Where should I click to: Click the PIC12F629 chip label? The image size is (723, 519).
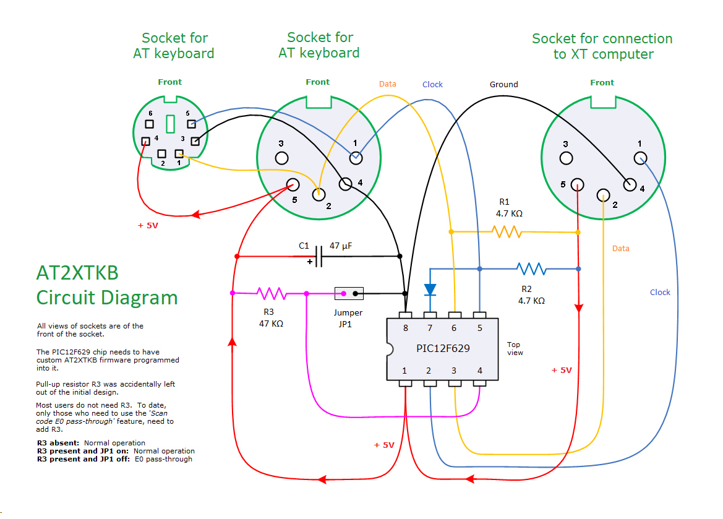point(443,348)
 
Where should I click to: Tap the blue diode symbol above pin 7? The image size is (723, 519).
point(430,289)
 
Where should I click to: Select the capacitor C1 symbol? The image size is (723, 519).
point(319,256)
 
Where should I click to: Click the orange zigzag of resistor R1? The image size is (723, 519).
point(506,232)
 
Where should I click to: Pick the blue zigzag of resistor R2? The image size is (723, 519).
point(531,268)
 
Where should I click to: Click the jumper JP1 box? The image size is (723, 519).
point(349,293)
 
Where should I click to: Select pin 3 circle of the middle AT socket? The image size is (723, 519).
point(281,158)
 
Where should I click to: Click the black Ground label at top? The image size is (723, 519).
point(503,84)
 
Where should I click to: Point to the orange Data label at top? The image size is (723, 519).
point(388,84)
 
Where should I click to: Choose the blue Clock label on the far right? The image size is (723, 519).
point(660,292)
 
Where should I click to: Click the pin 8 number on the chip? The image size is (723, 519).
point(405,328)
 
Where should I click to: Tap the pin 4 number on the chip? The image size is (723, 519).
point(479,371)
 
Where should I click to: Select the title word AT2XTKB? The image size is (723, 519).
point(77,273)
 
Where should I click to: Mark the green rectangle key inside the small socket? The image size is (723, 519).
point(170,122)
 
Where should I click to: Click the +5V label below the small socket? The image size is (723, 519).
point(148,226)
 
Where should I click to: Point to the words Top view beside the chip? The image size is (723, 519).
point(515,349)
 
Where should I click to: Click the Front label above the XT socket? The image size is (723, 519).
point(602,82)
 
